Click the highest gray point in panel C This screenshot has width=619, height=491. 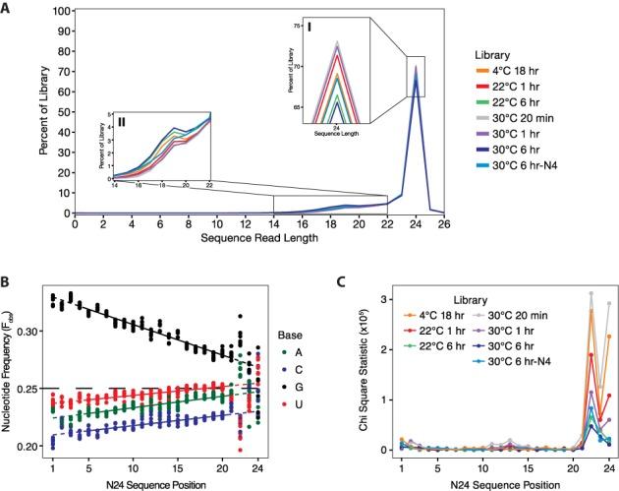[x=591, y=293]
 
